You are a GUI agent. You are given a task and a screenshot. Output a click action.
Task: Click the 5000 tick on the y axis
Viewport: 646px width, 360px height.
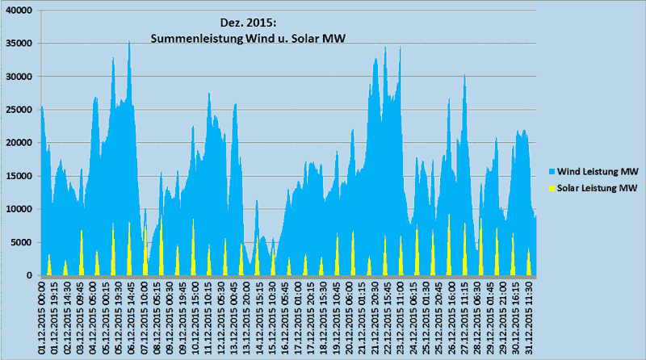pyautogui.click(x=21, y=242)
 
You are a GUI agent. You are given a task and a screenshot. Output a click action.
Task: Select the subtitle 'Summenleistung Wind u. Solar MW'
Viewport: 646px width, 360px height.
pyautogui.click(x=248, y=38)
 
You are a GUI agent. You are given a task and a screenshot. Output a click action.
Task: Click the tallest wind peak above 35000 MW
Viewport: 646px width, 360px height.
pyautogui.click(x=129, y=42)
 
